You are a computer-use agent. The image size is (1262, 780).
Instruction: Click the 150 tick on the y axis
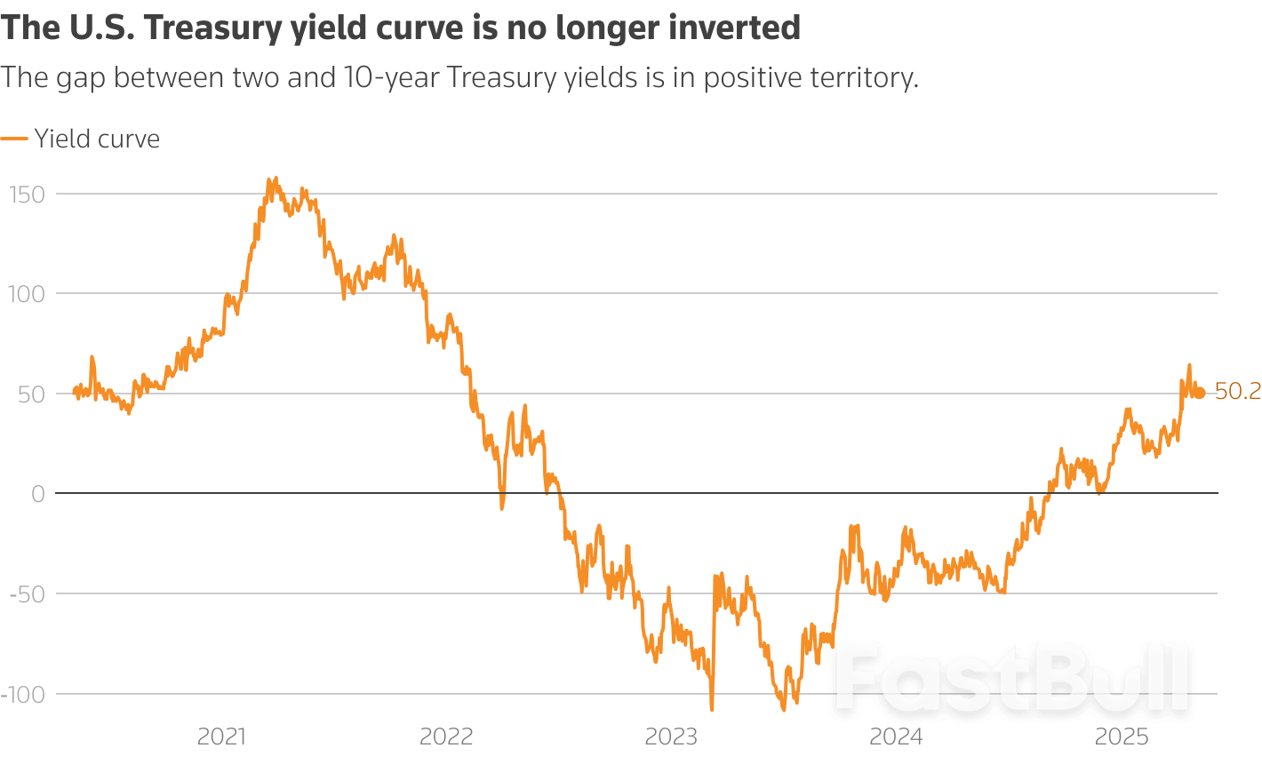pyautogui.click(x=26, y=194)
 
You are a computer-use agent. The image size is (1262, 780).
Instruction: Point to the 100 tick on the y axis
pyautogui.click(x=26, y=294)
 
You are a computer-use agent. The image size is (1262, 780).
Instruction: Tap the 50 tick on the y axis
pyautogui.click(x=31, y=394)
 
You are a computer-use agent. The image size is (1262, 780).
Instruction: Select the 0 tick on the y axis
pyautogui.click(x=37, y=494)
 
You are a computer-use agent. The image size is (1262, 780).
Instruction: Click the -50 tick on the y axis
pyautogui.click(x=27, y=593)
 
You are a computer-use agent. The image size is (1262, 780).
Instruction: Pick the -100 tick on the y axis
pyautogui.click(x=22, y=694)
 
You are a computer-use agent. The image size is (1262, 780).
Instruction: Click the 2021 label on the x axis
pyautogui.click(x=221, y=736)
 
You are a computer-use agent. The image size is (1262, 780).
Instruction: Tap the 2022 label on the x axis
pyautogui.click(x=446, y=736)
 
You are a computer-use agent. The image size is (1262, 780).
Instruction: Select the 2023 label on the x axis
pyautogui.click(x=671, y=736)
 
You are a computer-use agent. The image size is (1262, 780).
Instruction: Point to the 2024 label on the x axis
pyautogui.click(x=896, y=736)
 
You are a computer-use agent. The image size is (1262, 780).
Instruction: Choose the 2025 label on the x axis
pyautogui.click(x=1122, y=736)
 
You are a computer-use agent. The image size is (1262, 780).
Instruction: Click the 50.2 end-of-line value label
pyautogui.click(x=1237, y=392)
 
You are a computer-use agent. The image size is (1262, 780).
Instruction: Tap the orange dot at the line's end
pyautogui.click(x=1200, y=393)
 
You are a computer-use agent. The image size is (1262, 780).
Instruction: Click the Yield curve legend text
pyautogui.click(x=97, y=139)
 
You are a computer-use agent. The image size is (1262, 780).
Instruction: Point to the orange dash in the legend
pyautogui.click(x=14, y=139)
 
